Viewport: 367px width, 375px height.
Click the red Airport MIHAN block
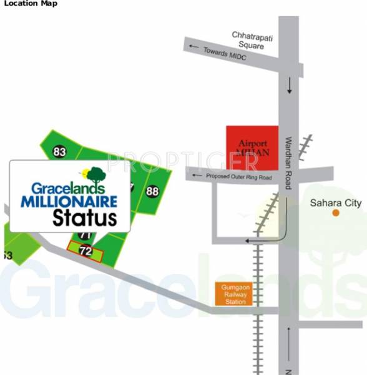click(252, 147)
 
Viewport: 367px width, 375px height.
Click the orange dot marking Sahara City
click(336, 213)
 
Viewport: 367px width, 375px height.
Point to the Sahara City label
click(336, 202)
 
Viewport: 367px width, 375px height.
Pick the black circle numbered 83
click(60, 152)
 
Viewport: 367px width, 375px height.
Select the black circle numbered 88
click(152, 191)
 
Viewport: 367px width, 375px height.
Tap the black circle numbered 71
click(86, 236)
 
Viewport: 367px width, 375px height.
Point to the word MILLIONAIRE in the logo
click(69, 202)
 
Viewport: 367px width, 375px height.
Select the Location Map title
click(30, 4)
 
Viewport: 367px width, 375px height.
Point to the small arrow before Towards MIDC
click(195, 47)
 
